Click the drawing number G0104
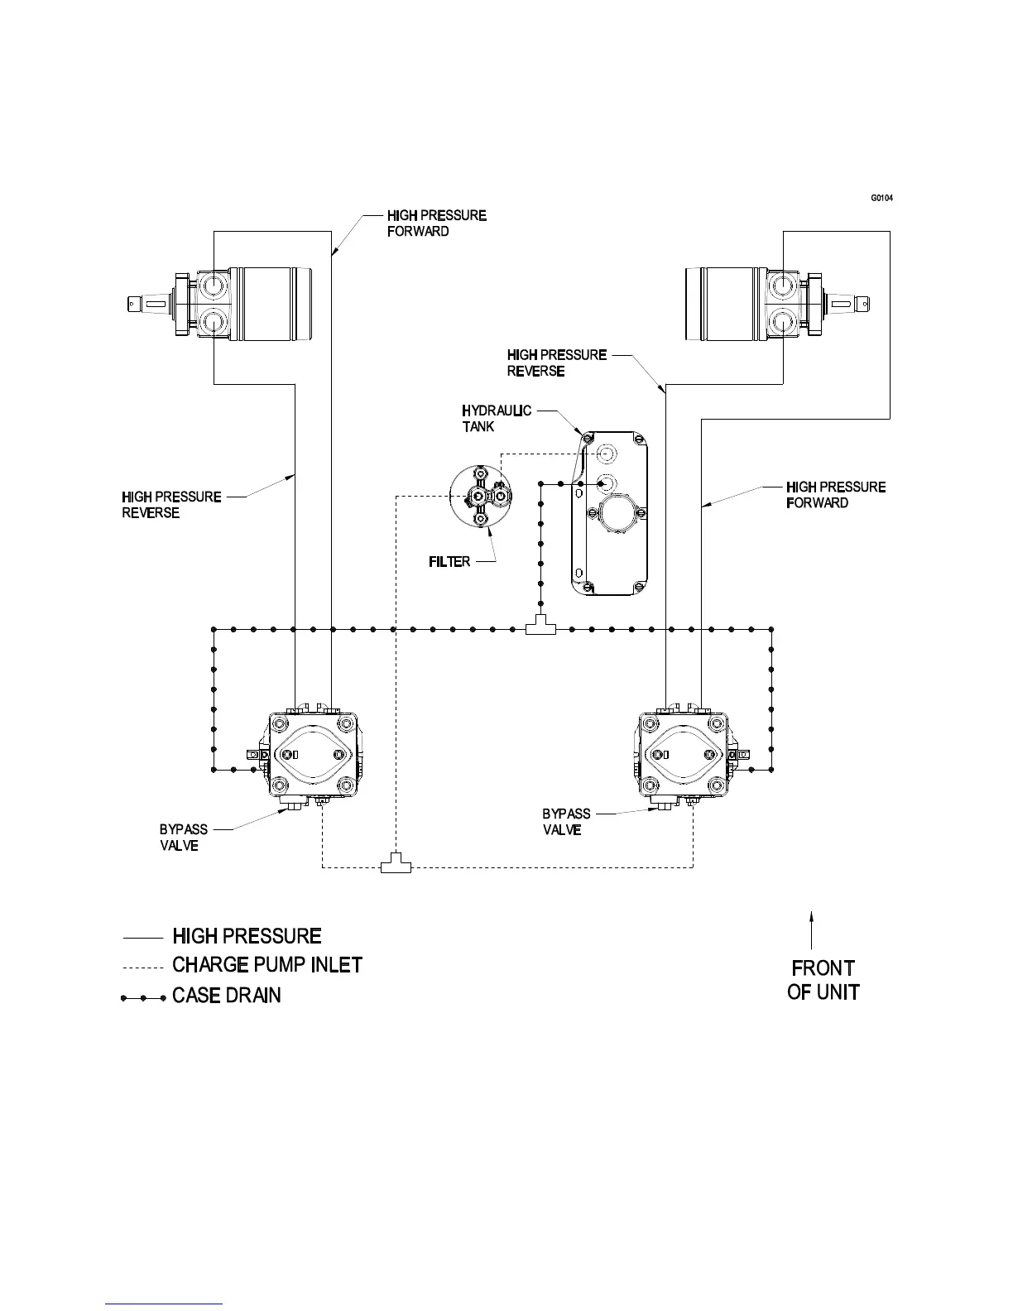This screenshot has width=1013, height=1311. (x=881, y=199)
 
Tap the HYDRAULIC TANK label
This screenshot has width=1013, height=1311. (x=496, y=419)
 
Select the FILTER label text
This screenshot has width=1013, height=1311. (x=449, y=562)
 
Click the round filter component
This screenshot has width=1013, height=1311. (x=481, y=496)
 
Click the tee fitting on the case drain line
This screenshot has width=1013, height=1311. (x=541, y=628)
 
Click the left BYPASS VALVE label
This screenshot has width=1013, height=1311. (x=183, y=838)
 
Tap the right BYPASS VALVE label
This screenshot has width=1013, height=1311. (x=566, y=822)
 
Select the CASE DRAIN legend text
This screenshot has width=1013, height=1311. (x=226, y=996)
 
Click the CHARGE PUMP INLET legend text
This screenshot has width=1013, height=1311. (x=266, y=965)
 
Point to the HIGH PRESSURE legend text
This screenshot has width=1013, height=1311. (x=247, y=936)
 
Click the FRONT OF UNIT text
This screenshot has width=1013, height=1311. (x=823, y=980)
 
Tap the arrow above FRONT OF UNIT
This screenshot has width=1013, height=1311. (x=812, y=929)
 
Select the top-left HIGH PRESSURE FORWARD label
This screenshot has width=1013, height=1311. (x=436, y=223)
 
